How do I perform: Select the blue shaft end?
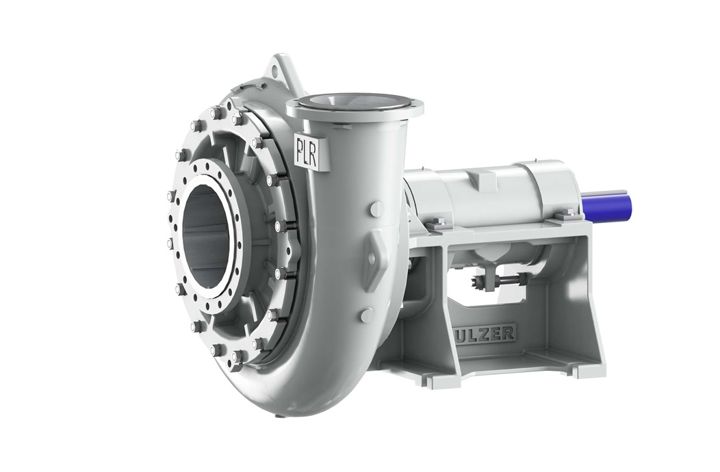click(x=606, y=205)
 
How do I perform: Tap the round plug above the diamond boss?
click(x=376, y=209)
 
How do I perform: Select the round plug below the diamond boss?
click(x=368, y=315)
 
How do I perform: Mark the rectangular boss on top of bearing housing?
click(x=484, y=179)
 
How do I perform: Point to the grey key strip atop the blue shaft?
click(x=613, y=192)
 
